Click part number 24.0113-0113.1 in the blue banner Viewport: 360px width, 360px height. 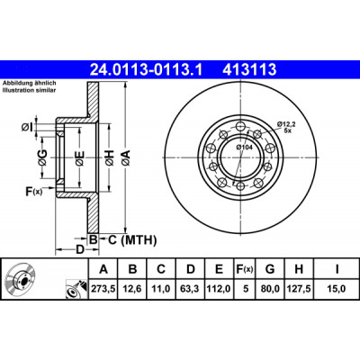[147, 70]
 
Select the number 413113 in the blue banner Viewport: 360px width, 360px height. [249, 70]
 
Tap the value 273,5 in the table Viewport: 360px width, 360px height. [103, 289]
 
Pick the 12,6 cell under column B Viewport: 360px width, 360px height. [132, 289]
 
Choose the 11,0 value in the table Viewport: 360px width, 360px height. [161, 289]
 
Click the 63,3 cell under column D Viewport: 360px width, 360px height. [190, 289]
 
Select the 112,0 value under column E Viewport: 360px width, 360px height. [219, 289]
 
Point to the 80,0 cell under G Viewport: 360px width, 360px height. [270, 289]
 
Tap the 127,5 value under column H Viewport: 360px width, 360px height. [299, 289]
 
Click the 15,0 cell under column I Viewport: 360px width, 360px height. [337, 289]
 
